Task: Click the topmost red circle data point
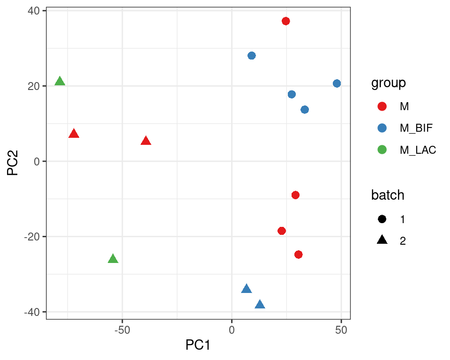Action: (285, 21)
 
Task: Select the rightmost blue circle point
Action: (337, 83)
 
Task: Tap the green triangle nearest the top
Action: (60, 82)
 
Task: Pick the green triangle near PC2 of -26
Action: (113, 259)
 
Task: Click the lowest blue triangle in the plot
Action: (260, 305)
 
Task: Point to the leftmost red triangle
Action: (74, 134)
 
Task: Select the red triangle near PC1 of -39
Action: (146, 141)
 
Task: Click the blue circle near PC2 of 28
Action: (252, 56)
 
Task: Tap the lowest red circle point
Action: (298, 255)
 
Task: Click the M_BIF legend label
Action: (416, 128)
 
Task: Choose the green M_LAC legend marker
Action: (382, 150)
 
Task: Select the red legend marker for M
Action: (382, 106)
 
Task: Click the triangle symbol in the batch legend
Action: (382, 240)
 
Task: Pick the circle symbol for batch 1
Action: (382, 219)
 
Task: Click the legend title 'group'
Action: (389, 83)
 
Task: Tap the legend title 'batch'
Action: (388, 195)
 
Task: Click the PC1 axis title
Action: (198, 345)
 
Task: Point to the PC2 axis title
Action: (13, 162)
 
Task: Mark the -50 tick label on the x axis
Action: (122, 330)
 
